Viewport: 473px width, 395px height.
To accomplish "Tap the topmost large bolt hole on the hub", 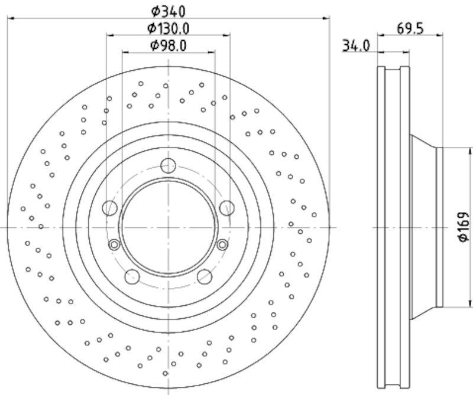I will point(169,166).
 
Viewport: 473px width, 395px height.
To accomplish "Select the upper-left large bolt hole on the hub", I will point(110,207).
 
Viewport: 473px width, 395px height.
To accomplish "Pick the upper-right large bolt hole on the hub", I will point(226,207).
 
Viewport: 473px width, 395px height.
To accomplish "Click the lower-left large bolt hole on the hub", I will point(132,276).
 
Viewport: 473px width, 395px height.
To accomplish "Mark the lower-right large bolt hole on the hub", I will point(205,276).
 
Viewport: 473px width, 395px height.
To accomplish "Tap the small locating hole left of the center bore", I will point(115,244).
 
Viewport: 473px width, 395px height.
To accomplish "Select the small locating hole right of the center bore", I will point(222,244).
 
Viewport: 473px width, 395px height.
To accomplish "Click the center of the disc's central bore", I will point(169,227).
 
